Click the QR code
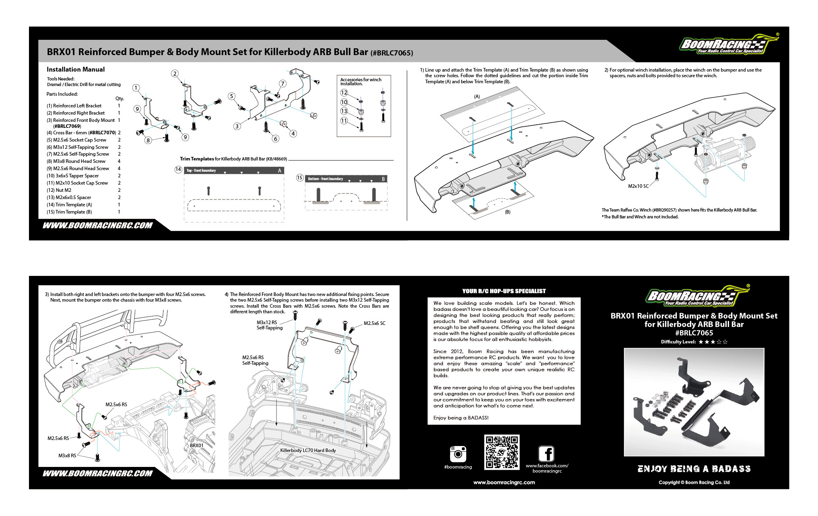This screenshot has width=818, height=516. point(501,452)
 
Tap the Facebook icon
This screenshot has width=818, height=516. point(546,454)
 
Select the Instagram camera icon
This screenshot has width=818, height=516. point(458,454)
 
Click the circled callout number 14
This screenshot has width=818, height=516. point(178,169)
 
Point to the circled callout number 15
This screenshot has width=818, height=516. point(299,178)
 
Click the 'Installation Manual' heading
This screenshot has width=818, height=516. point(76,70)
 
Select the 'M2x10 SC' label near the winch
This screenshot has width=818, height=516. point(638,186)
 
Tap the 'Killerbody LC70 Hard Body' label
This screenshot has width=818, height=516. point(308,450)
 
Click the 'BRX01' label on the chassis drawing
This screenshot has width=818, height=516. point(197,445)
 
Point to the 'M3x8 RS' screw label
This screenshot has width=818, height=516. point(67,456)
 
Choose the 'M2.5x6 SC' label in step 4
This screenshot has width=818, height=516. point(374,323)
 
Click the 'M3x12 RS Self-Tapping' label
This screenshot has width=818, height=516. point(269,325)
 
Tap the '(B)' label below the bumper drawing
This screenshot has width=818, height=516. point(508,212)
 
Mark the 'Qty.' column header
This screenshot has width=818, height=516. point(120,99)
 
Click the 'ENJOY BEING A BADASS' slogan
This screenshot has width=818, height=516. point(694,469)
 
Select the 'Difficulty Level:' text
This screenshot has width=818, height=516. point(678,342)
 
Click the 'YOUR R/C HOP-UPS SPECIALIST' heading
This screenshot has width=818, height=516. point(504,291)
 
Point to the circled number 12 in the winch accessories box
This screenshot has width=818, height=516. point(344,93)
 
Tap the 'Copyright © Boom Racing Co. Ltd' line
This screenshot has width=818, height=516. point(694,483)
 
